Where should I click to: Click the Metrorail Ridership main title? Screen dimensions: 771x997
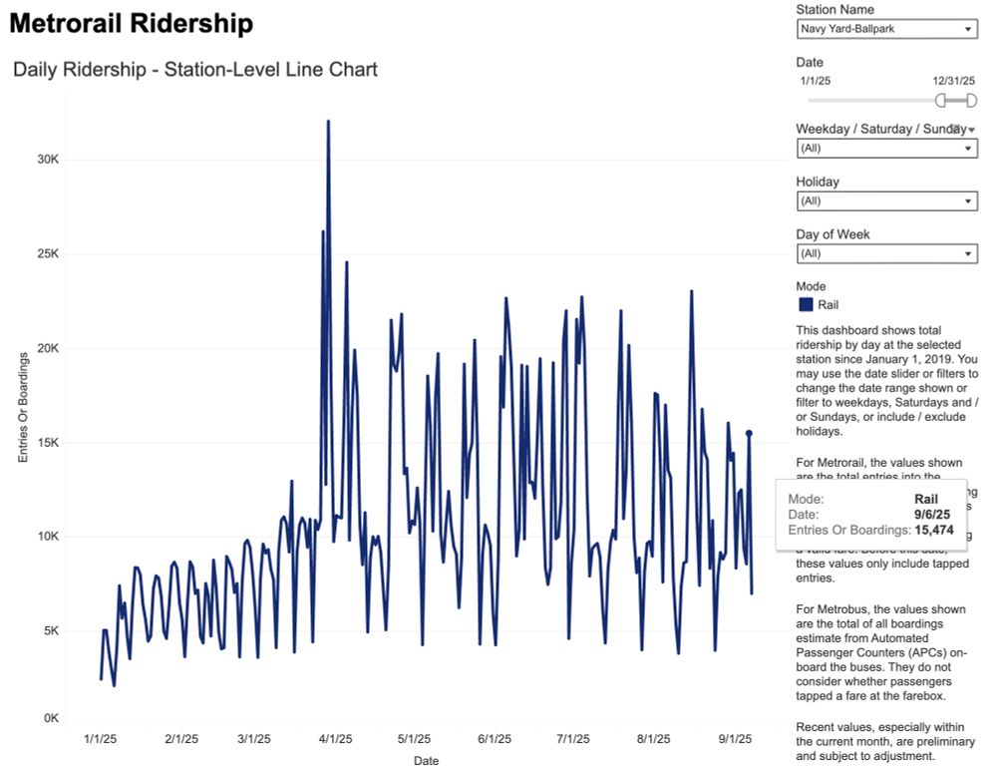(x=131, y=24)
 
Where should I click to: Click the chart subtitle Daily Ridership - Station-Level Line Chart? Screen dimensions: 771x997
(x=195, y=70)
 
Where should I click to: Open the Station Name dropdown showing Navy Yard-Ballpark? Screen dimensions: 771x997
(x=886, y=29)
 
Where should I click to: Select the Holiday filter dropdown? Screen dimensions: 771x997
(x=886, y=200)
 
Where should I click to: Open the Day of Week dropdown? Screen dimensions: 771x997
(x=886, y=253)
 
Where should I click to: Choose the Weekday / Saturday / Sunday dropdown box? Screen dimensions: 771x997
(x=886, y=148)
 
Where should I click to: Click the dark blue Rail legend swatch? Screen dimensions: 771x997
(x=805, y=304)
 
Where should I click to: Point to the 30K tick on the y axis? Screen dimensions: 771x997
(x=48, y=160)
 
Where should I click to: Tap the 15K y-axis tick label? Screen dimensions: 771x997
(x=48, y=443)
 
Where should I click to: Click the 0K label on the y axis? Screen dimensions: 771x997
(x=51, y=718)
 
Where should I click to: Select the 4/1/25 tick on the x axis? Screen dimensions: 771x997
(x=335, y=739)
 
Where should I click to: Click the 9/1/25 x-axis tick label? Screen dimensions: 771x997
(x=735, y=739)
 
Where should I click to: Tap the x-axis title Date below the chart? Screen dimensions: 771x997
(x=426, y=761)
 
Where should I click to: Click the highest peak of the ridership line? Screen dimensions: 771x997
(x=328, y=122)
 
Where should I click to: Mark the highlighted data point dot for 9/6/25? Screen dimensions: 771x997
(x=749, y=433)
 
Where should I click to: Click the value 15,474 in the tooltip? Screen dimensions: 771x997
(x=942, y=530)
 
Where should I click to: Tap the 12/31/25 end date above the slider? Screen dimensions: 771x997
(x=954, y=80)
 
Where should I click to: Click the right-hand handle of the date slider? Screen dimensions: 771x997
(x=971, y=101)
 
